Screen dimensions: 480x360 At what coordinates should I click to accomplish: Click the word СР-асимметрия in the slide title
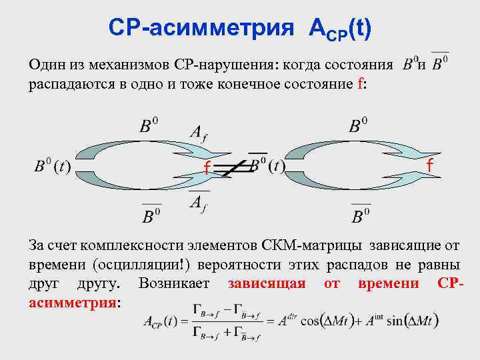[x=199, y=28]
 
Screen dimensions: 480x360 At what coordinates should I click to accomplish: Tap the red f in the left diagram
[x=207, y=169]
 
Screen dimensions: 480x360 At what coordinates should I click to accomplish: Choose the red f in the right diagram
[x=430, y=165]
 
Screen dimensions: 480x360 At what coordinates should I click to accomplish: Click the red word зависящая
[x=267, y=283]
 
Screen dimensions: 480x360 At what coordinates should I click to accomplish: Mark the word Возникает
[x=175, y=283]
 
